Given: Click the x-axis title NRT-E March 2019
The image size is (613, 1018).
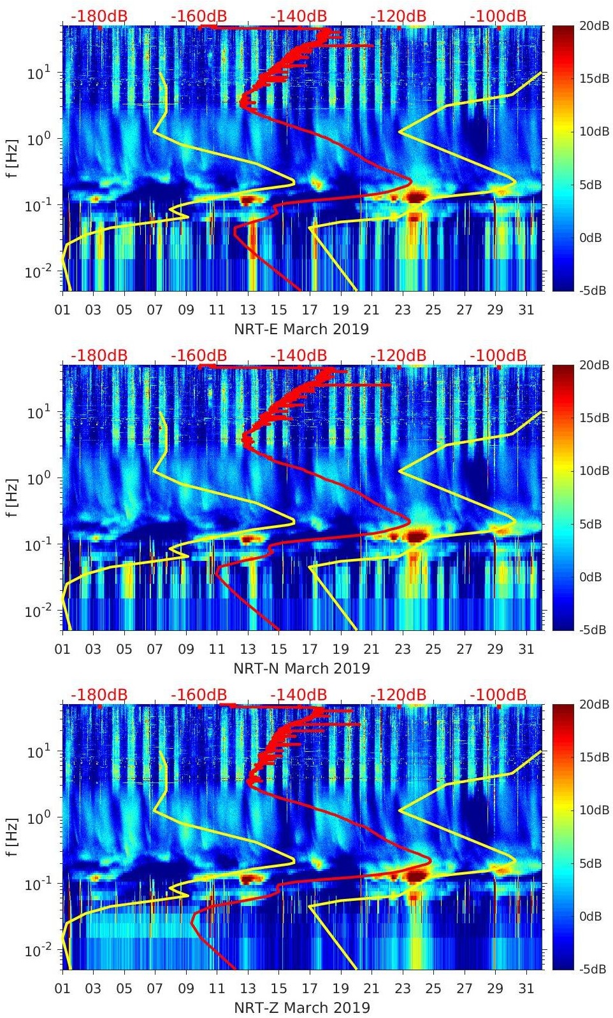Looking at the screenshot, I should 301,329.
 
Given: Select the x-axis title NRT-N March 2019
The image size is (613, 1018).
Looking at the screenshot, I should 301,668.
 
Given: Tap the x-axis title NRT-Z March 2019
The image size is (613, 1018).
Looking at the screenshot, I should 301,1008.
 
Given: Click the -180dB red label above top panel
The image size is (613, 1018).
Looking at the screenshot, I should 99,16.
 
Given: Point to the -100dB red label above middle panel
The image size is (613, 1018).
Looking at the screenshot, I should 498,355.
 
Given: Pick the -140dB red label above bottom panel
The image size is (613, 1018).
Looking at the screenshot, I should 298,695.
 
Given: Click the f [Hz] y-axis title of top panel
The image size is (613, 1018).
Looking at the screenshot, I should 13,158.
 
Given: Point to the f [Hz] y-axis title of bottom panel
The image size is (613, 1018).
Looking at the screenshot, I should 13,837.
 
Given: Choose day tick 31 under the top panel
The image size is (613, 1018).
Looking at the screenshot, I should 526,311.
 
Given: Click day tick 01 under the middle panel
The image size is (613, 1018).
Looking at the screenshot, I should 62,650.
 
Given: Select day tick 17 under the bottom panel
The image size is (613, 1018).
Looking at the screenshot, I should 310,989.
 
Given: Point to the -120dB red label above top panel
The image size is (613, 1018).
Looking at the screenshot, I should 398,16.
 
